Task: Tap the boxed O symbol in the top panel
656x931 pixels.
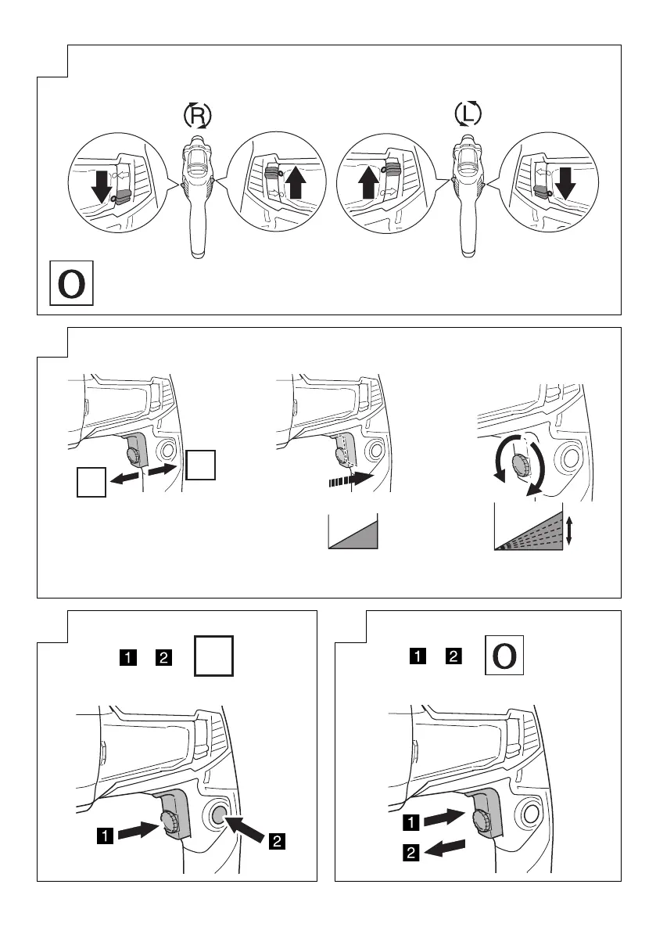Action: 72,285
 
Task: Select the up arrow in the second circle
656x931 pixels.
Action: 296,185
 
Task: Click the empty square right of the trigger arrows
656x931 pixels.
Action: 201,465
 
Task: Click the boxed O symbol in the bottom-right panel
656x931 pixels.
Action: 504,656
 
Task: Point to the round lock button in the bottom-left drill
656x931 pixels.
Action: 220,814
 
